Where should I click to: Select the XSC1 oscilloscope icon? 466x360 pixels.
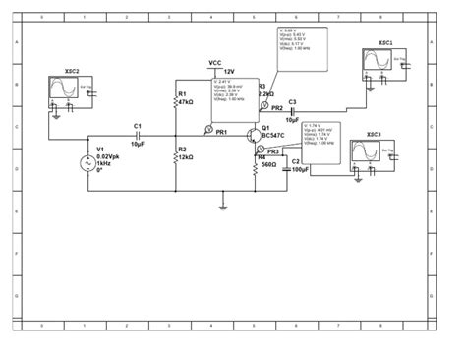click(379, 64)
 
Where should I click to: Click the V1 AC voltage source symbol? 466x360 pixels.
click(86, 162)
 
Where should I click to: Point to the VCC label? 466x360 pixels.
click(215, 63)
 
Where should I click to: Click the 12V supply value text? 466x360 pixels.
click(229, 72)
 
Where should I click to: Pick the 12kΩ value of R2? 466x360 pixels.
click(186, 157)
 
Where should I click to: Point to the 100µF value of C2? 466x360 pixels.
click(301, 169)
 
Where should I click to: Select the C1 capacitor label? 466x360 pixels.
click(138, 126)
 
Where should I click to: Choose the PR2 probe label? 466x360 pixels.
click(277, 107)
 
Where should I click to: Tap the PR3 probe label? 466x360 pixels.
click(273, 150)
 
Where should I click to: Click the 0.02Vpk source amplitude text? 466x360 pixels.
click(110, 154)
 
